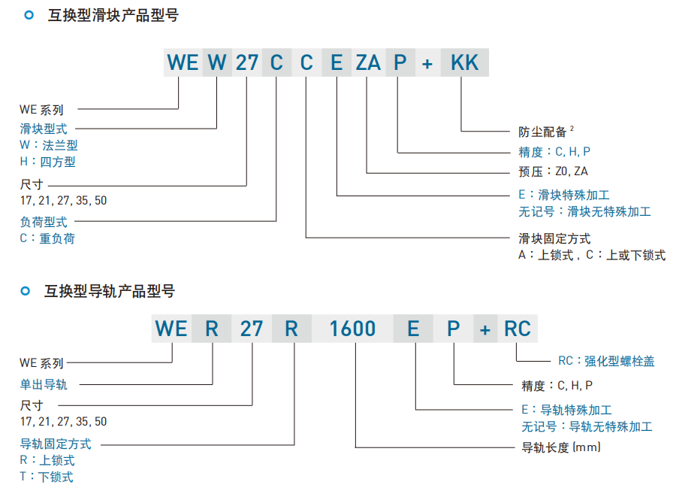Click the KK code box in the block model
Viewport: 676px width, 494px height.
pos(464,62)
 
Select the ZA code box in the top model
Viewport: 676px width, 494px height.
pos(368,62)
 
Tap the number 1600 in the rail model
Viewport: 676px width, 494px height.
pos(353,329)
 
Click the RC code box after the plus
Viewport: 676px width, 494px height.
pos(517,329)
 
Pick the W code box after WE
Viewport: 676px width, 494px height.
pos(217,62)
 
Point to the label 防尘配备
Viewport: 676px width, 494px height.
pos(542,132)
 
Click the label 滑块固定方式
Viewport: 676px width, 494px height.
pos(554,238)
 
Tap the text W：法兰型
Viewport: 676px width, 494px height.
pos(49,145)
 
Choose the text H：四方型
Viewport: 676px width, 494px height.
pos(48,162)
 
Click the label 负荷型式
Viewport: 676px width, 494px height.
pos(44,222)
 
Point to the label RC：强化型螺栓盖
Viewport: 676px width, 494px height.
pos(606,361)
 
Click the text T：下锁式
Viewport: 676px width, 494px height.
pos(47,477)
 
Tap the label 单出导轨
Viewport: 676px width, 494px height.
pos(44,385)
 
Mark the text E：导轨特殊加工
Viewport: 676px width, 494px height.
pos(566,410)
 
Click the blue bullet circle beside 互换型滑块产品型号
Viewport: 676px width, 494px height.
pos(29,14)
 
